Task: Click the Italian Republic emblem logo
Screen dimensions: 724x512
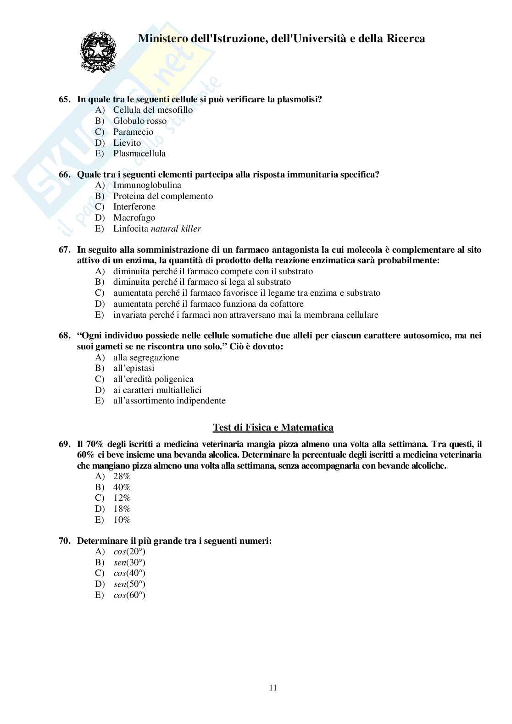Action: point(98,51)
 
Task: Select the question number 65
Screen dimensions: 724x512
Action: point(64,99)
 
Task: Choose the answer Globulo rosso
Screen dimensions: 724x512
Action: point(140,121)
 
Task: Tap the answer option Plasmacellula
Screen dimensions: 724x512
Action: point(139,154)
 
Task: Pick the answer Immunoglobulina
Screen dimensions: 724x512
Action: point(147,185)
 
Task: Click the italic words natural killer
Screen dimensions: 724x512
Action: point(176,229)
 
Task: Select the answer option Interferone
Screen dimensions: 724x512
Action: point(134,207)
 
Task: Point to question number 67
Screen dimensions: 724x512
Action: point(64,250)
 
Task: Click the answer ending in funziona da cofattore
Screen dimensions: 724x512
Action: point(208,304)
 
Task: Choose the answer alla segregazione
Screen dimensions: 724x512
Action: point(146,358)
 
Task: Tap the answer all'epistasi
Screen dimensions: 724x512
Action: point(134,368)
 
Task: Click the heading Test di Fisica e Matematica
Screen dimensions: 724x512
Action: point(273,427)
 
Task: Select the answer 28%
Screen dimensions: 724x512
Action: point(122,476)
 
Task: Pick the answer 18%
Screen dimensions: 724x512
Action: point(122,509)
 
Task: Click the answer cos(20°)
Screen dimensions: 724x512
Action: point(129,552)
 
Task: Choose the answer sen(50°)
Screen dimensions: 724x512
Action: point(129,584)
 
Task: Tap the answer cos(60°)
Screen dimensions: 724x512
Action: point(129,595)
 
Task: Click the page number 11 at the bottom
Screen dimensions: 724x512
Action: point(273,688)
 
